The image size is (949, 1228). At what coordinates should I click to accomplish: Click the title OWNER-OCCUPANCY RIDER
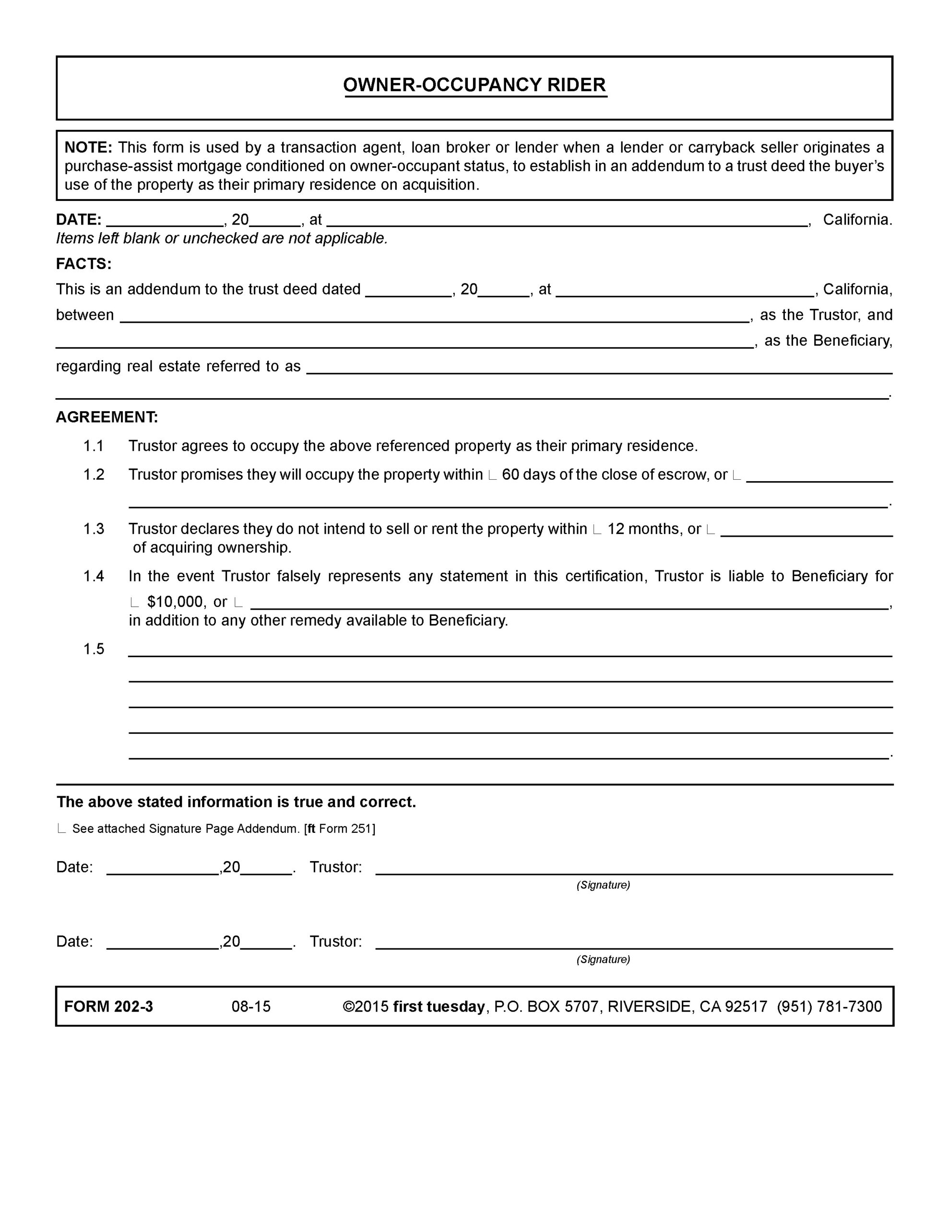click(475, 85)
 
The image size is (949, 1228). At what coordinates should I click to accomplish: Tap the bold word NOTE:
click(88, 147)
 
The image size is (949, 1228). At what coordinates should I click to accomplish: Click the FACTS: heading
click(83, 264)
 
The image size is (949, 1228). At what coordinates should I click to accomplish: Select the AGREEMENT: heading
click(107, 417)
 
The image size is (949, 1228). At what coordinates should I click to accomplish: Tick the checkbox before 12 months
click(597, 530)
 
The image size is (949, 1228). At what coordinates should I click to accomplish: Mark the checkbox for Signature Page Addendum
click(61, 829)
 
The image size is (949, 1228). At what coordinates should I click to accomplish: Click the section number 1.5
click(94, 649)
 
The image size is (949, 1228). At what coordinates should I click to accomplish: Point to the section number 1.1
click(94, 446)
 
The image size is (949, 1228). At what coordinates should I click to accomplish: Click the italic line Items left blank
click(222, 238)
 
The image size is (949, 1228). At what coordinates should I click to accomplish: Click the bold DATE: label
click(79, 219)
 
